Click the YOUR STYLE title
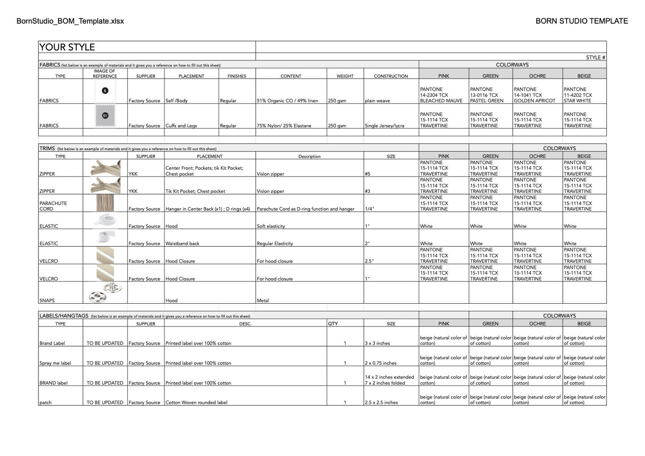pos(67,47)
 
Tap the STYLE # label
pos(595,58)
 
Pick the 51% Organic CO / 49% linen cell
pos(287,100)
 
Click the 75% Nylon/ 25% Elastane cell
pos(286,126)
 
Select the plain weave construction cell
pos(377,100)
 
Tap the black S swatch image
pos(105,91)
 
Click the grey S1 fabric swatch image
pos(105,116)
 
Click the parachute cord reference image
pos(105,203)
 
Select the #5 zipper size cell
pos(367,174)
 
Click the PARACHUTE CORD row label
pos(53,206)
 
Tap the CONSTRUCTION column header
pos(391,76)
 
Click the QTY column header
pos(333,323)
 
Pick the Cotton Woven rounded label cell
pos(196,402)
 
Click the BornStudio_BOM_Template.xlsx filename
pos(70,21)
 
